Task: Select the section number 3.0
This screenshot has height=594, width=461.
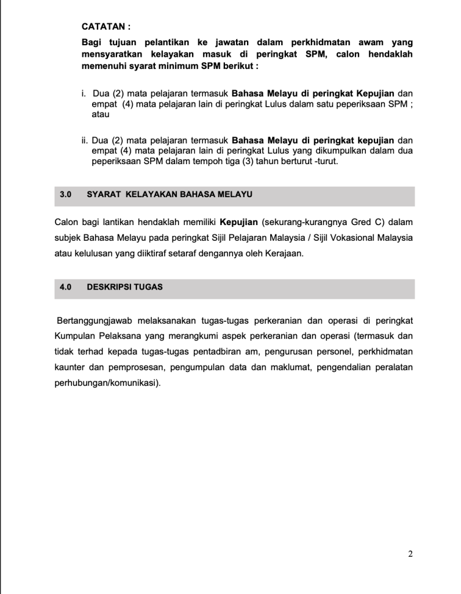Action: [66, 195]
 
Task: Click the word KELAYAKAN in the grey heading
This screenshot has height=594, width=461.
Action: [154, 195]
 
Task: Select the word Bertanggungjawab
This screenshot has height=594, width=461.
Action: [93, 320]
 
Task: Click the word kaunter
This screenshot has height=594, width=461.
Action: [71, 368]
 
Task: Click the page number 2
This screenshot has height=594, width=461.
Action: [410, 553]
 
